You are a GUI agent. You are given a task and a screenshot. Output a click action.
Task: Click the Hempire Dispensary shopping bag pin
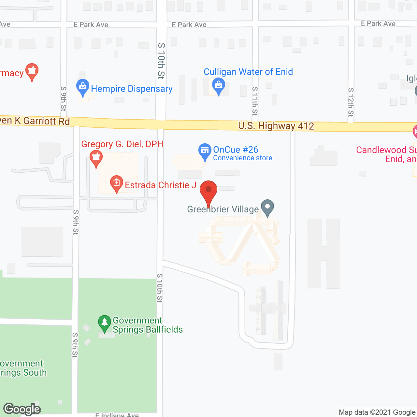tap(83, 87)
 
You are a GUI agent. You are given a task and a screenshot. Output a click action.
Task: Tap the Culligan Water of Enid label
tap(248, 72)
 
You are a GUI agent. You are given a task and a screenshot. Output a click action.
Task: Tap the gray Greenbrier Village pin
tap(267, 207)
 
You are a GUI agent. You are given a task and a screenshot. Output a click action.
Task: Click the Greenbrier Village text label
tap(223, 209)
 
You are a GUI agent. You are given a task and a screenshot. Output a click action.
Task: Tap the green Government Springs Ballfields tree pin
tap(104, 323)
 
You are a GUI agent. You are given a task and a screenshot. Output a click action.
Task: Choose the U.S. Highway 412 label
tap(276, 126)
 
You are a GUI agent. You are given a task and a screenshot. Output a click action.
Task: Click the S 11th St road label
tap(255, 101)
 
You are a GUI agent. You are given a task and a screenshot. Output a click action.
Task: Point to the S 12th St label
tap(351, 102)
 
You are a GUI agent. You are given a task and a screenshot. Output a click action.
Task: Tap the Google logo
tap(22, 409)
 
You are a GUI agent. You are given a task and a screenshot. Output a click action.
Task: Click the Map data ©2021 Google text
tap(377, 412)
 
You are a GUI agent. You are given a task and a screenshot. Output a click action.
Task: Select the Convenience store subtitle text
tap(243, 158)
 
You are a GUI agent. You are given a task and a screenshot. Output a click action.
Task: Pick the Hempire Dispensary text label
tap(132, 89)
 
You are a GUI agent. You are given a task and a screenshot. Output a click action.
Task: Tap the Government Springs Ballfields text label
tap(148, 325)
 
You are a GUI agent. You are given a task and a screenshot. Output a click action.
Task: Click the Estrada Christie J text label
tap(161, 185)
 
